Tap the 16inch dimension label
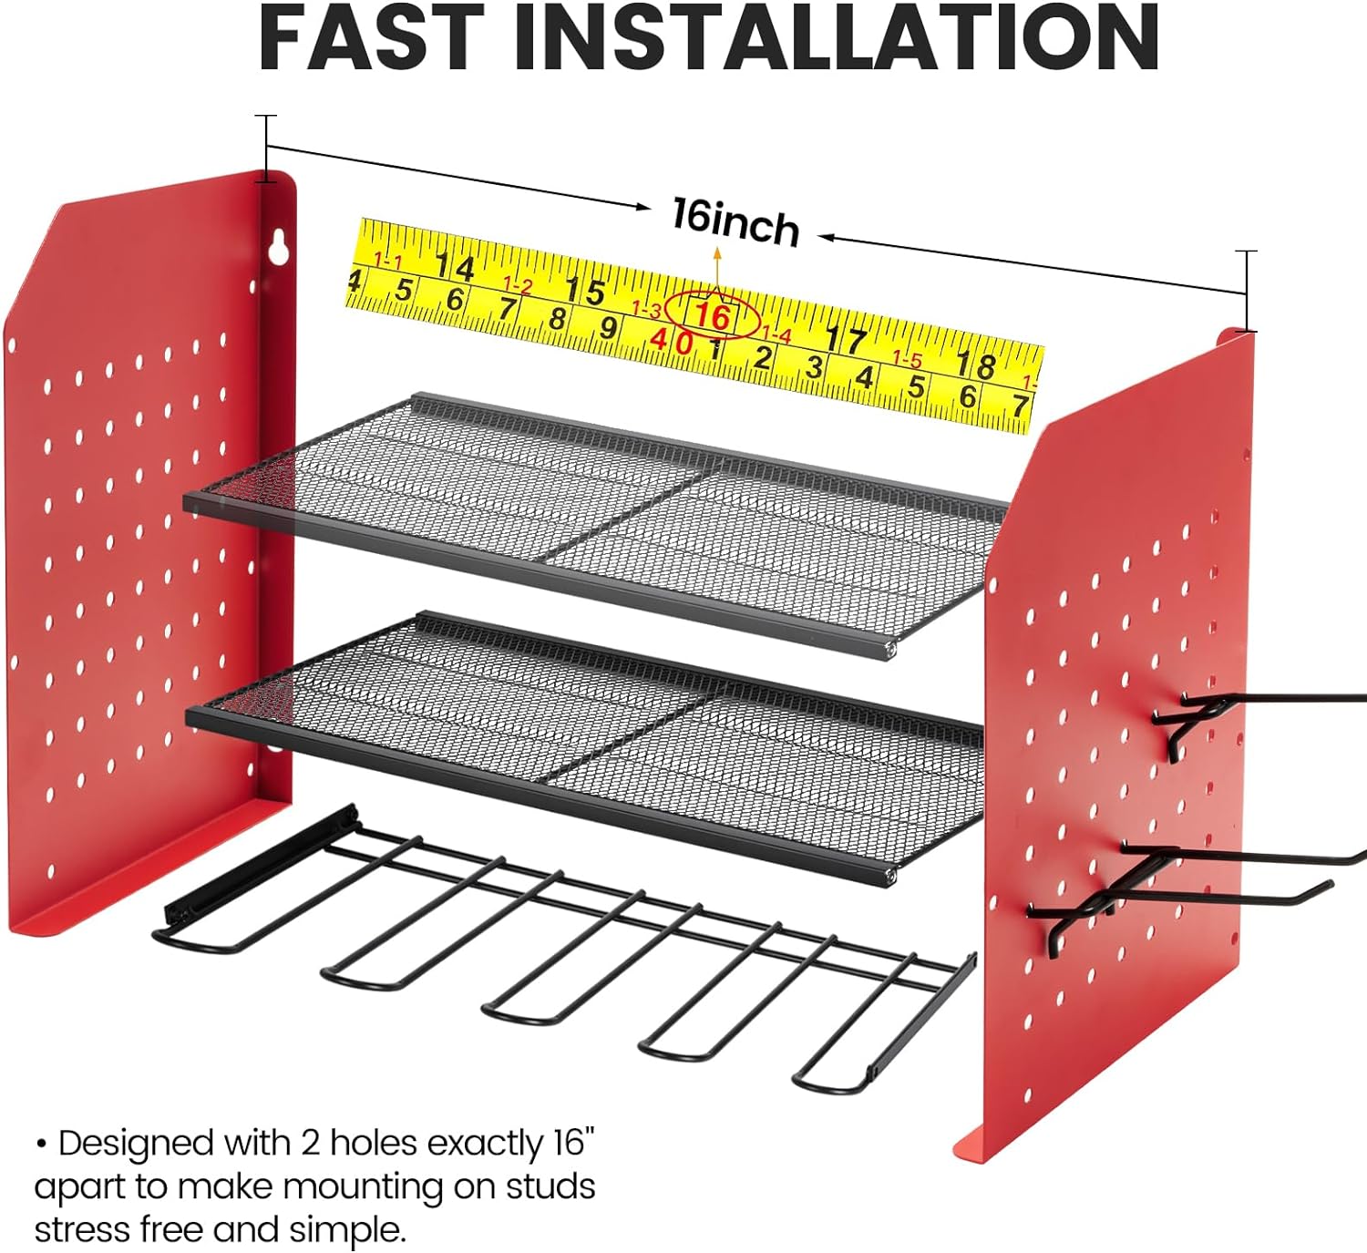click(735, 221)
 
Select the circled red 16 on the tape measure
click(713, 315)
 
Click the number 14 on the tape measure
click(455, 267)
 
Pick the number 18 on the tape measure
click(977, 365)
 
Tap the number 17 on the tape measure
click(847, 340)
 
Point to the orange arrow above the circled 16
click(716, 272)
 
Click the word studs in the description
click(550, 1186)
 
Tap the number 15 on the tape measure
click(585, 291)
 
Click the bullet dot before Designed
click(42, 1144)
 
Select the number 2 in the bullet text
click(311, 1144)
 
